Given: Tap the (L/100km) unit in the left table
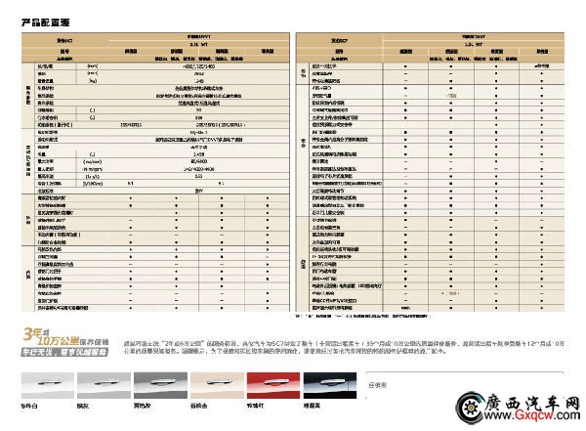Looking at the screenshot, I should pos(94,182).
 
